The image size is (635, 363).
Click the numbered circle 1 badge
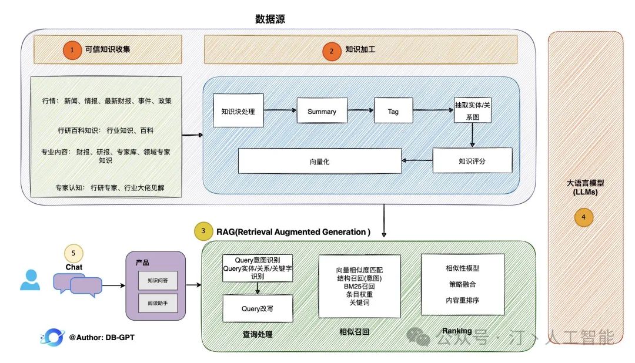pyautogui.click(x=72, y=51)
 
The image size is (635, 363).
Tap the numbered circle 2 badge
pyautogui.click(x=332, y=52)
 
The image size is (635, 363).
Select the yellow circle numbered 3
pyautogui.click(x=203, y=231)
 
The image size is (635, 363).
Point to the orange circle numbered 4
pyautogui.click(x=583, y=217)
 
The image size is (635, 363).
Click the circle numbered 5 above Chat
pyautogui.click(x=73, y=254)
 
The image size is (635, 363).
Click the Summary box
pyautogui.click(x=322, y=111)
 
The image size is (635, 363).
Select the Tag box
pyautogui.click(x=393, y=111)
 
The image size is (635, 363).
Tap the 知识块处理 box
pyautogui.click(x=238, y=111)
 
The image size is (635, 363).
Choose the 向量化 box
pyautogui.click(x=319, y=161)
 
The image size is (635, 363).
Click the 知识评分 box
pyautogui.click(x=472, y=160)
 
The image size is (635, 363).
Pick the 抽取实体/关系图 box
pyautogui.click(x=472, y=110)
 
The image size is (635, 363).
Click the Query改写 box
pyautogui.click(x=258, y=308)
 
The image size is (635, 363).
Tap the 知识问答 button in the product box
pyautogui.click(x=157, y=281)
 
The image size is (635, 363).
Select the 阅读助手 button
pyautogui.click(x=157, y=303)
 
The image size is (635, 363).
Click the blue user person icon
pyautogui.click(x=30, y=280)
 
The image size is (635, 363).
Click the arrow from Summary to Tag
pyautogui.click(x=360, y=111)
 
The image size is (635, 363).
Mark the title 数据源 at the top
pyautogui.click(x=270, y=19)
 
